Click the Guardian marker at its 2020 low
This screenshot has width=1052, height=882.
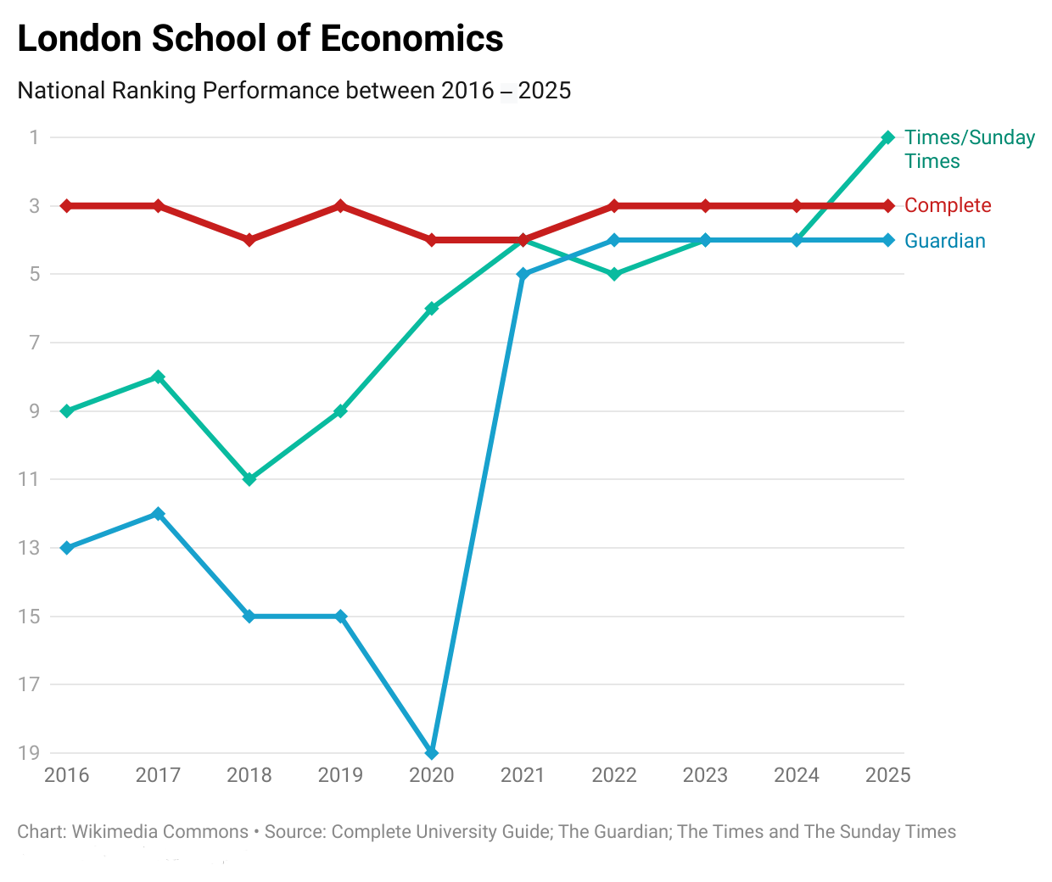point(432,752)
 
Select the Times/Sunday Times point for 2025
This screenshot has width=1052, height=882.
point(887,137)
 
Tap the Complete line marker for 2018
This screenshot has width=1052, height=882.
point(249,240)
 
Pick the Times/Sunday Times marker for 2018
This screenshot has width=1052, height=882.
point(249,479)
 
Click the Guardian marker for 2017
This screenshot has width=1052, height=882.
point(158,514)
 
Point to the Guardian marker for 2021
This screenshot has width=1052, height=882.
point(523,275)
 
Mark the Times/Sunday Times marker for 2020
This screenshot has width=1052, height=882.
point(432,309)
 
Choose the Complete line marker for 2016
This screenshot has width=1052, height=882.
point(67,206)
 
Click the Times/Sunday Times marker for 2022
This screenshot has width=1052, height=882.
point(614,274)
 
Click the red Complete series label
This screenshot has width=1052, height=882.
point(948,205)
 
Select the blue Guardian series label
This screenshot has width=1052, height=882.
point(944,241)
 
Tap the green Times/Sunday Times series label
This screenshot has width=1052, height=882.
point(969,149)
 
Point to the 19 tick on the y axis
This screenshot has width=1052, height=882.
point(29,752)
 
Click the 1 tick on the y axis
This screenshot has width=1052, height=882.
point(34,137)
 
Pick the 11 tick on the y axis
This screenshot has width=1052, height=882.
point(29,479)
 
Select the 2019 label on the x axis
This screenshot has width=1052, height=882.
point(340,775)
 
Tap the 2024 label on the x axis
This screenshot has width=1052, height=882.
point(797,775)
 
